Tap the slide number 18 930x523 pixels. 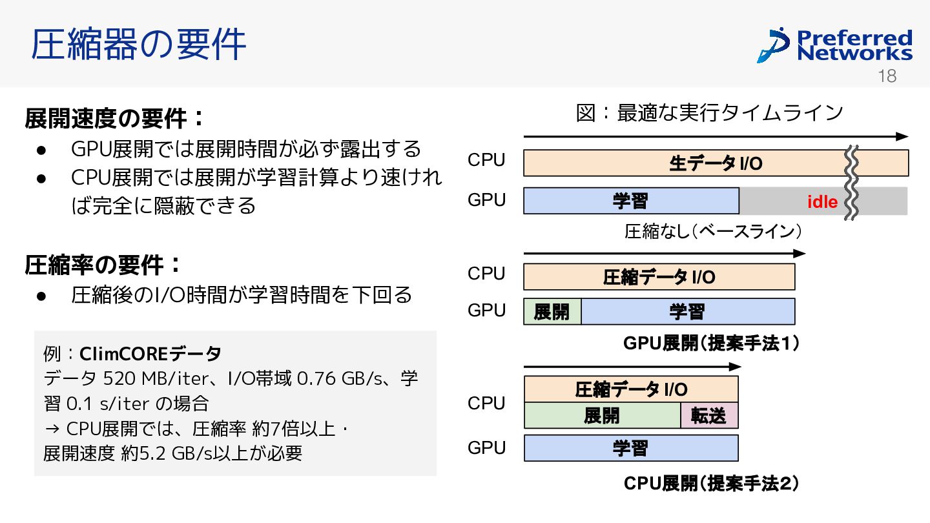(887, 76)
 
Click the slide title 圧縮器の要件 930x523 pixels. (138, 44)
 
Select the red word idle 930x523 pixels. (822, 202)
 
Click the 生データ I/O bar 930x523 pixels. (716, 163)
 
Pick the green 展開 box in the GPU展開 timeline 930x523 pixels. (552, 312)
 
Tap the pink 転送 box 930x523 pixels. (709, 416)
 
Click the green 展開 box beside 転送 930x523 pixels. (603, 416)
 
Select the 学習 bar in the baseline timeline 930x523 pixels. (631, 201)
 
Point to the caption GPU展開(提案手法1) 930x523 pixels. (711, 344)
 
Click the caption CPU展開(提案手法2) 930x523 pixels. (711, 483)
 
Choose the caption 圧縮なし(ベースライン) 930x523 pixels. (713, 231)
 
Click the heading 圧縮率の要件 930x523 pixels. (103, 265)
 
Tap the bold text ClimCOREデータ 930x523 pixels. (150, 354)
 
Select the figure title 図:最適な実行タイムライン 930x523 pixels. (709, 113)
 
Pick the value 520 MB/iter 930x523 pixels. (154, 378)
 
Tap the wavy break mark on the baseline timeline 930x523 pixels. (851, 183)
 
